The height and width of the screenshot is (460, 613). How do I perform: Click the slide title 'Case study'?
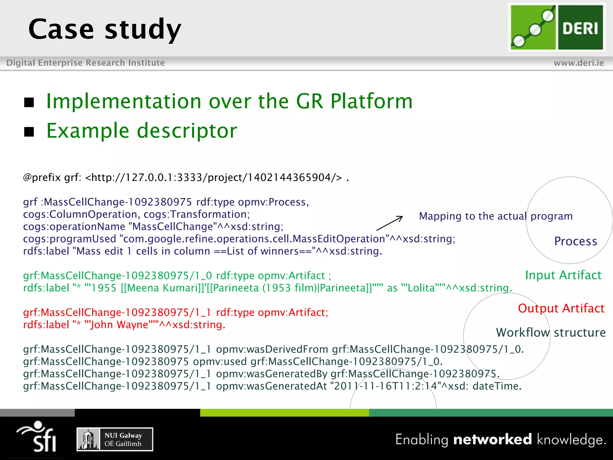click(x=105, y=29)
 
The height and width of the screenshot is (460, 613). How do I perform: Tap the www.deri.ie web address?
click(x=579, y=63)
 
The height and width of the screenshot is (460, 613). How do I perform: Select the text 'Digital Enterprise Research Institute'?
click(x=86, y=63)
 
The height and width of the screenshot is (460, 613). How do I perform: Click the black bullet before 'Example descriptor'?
click(x=29, y=131)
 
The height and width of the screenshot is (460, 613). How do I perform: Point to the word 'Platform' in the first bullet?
click(x=371, y=101)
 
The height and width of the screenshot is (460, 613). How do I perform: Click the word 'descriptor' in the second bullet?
click(x=187, y=131)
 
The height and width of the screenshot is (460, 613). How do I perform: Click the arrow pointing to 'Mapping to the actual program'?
click(x=389, y=223)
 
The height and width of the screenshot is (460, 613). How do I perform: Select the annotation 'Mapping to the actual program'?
click(x=496, y=216)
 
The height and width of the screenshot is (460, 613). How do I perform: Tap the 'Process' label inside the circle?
click(x=575, y=241)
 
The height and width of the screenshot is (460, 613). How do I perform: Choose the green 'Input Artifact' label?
click(x=563, y=275)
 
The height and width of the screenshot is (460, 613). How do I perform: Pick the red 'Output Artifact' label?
click(x=561, y=308)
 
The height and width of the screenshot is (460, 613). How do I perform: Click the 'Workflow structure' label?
click(x=551, y=332)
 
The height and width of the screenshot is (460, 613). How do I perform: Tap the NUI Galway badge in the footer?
click(x=115, y=439)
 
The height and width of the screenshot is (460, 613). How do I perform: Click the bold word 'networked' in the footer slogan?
click(x=492, y=439)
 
